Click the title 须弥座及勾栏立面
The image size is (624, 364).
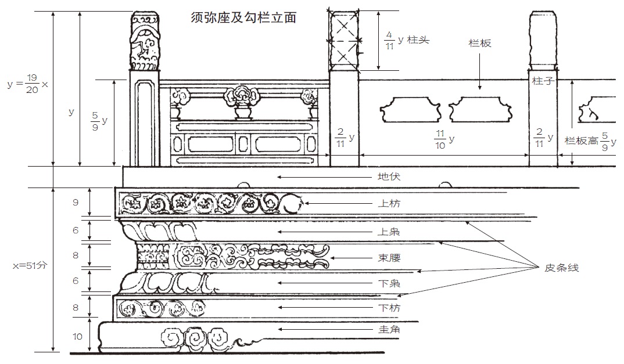coord(243,18)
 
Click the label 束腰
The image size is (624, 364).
coord(389,258)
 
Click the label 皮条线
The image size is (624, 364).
coord(561,268)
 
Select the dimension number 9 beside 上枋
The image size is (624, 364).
coord(76,203)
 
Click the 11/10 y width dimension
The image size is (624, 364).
coord(443,139)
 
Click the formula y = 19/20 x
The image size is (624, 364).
coord(28,84)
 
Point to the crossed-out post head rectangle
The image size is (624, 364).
coord(343,39)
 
